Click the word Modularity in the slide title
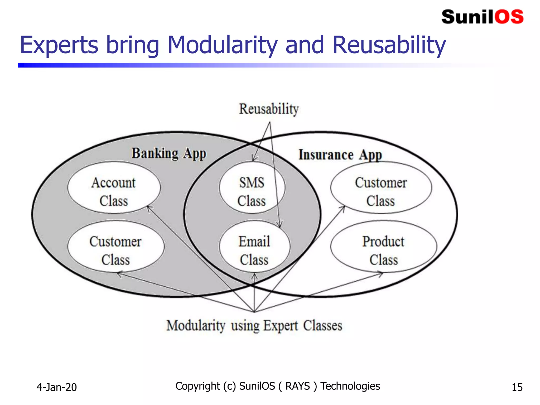click(x=222, y=45)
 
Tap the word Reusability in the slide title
click(x=389, y=45)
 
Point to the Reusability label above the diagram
click(x=269, y=109)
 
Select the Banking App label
click(x=169, y=153)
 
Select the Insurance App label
click(x=340, y=155)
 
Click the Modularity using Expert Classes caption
click(x=254, y=326)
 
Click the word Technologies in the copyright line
click(x=350, y=386)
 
